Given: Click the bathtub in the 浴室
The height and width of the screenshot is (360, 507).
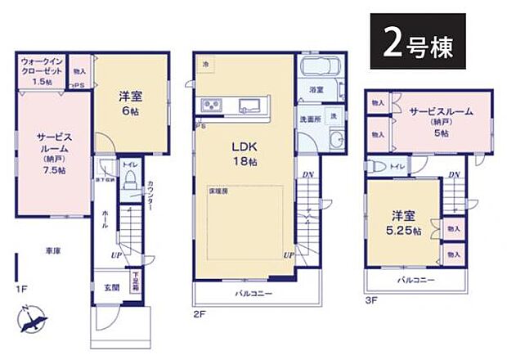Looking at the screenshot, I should click(316, 69).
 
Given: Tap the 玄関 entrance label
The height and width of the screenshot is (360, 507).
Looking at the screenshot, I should click(110, 287).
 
